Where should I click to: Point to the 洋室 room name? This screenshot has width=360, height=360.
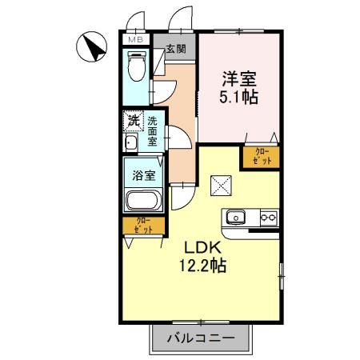click(238, 80)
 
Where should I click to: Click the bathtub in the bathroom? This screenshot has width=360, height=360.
click(143, 201)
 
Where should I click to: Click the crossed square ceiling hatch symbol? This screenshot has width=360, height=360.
click(221, 186)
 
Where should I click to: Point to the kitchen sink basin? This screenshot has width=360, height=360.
click(238, 217)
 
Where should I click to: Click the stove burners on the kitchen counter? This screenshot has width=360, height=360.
click(268, 217)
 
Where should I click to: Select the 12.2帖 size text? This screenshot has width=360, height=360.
click(202, 266)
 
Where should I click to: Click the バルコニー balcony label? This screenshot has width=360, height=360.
click(201, 338)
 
